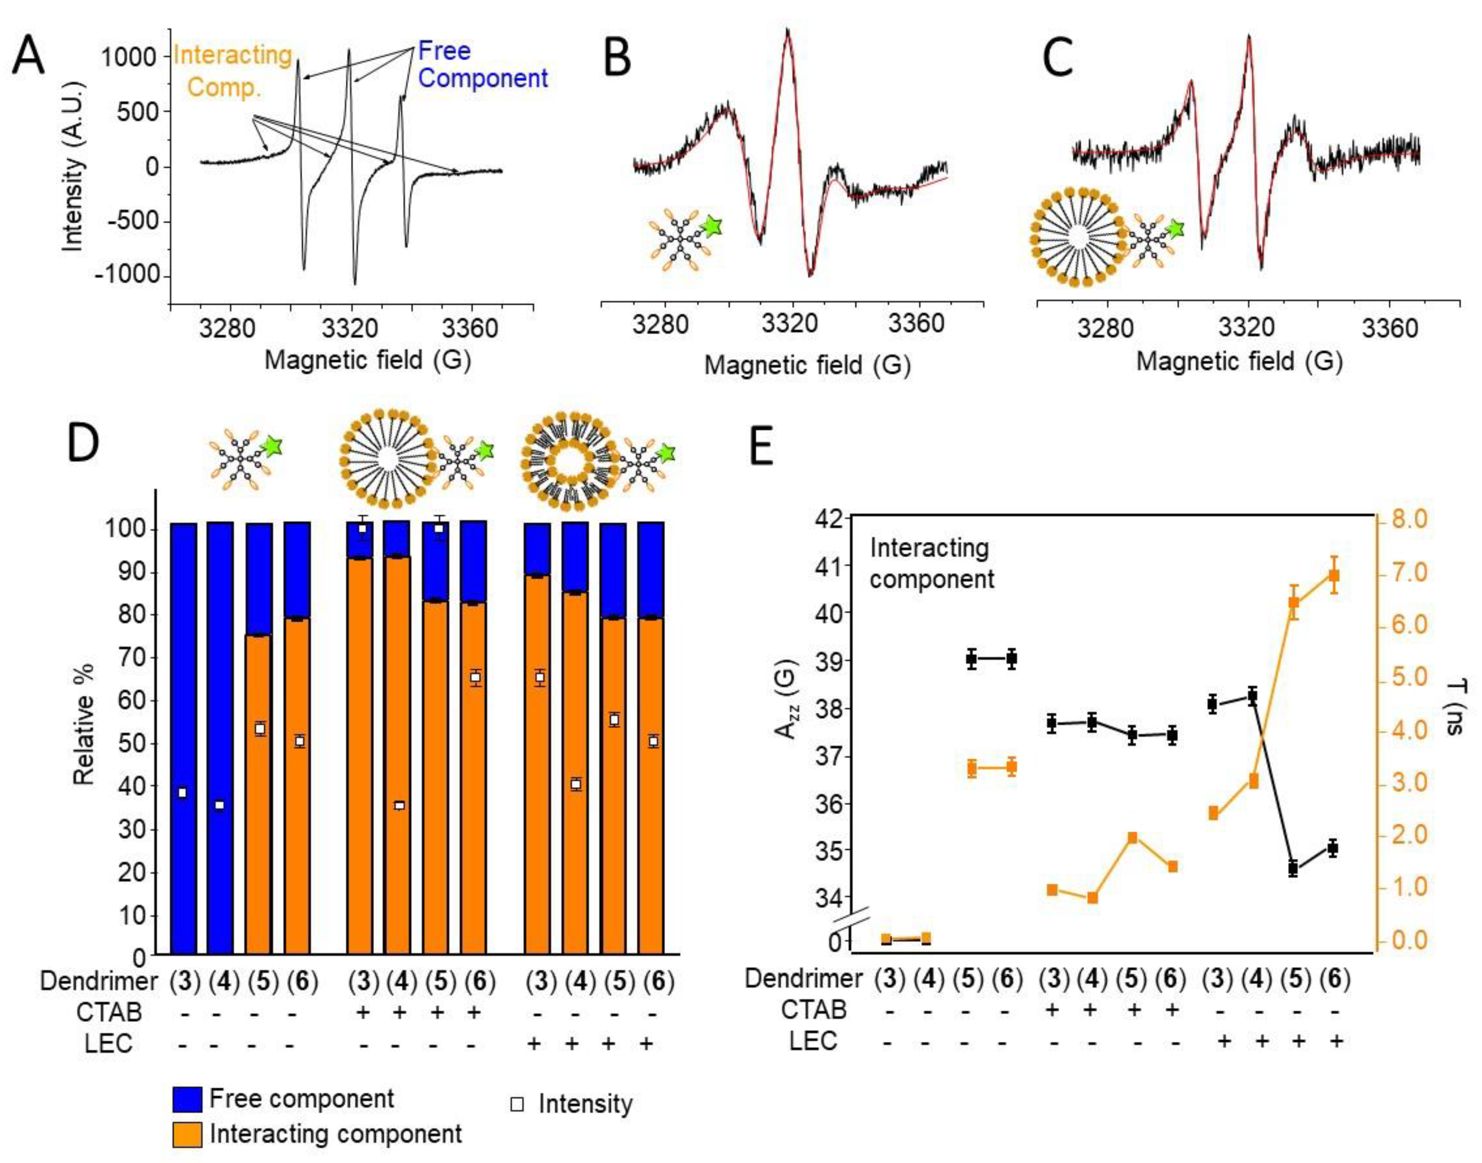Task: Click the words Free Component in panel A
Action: click(x=482, y=65)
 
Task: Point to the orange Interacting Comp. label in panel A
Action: click(x=232, y=71)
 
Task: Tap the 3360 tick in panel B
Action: click(x=916, y=323)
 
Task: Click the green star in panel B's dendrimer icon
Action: click(x=711, y=226)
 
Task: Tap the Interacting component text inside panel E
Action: click(x=932, y=563)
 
